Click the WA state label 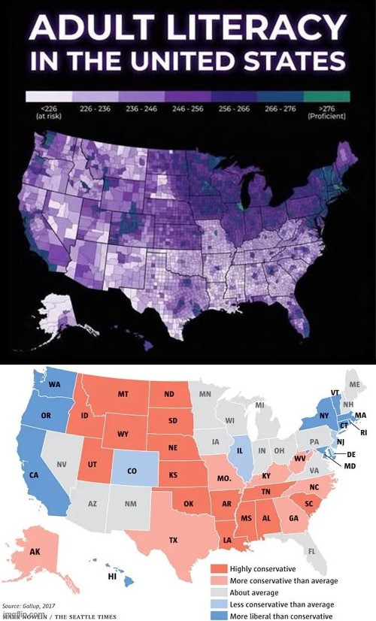tap(54, 384)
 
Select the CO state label tap(132, 472)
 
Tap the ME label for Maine tap(355, 384)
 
